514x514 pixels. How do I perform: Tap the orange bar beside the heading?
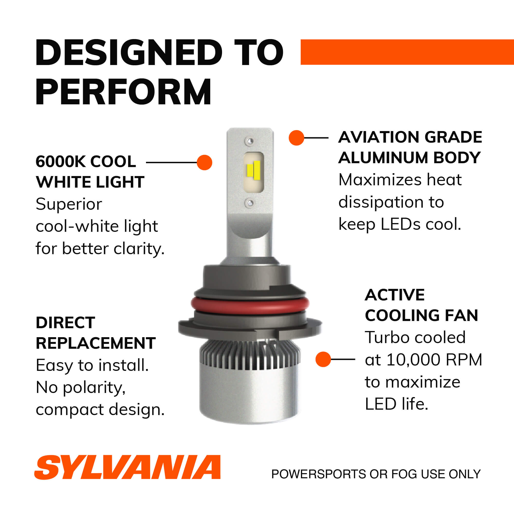click(x=407, y=52)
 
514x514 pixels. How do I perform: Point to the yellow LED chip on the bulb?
click(x=253, y=170)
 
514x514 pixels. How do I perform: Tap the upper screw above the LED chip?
click(x=250, y=141)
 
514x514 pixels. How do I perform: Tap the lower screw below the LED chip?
click(x=250, y=203)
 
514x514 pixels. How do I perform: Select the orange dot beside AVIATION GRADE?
click(x=296, y=138)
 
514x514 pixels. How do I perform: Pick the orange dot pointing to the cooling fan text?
click(x=323, y=359)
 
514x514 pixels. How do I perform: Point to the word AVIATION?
click(x=379, y=137)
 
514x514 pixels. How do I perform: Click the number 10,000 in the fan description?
click(x=414, y=360)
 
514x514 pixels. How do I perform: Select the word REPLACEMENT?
click(x=96, y=343)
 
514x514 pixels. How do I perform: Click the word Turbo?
click(x=387, y=337)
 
